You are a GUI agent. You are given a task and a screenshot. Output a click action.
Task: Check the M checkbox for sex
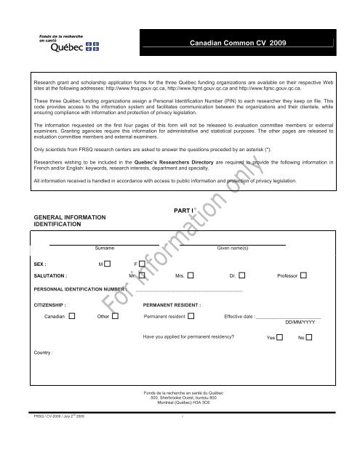point(107,262)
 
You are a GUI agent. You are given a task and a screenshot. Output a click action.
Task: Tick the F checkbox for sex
point(143,262)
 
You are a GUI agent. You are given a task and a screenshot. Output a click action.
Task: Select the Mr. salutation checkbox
point(143,276)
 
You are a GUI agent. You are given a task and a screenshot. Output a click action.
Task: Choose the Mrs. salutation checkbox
point(191,276)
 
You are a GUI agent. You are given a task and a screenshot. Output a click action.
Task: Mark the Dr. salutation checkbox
point(242,276)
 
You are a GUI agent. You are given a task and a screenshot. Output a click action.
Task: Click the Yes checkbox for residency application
point(279,339)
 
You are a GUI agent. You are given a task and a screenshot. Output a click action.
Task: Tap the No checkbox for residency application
point(309,339)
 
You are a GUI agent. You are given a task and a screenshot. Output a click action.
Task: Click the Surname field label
point(95,248)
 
